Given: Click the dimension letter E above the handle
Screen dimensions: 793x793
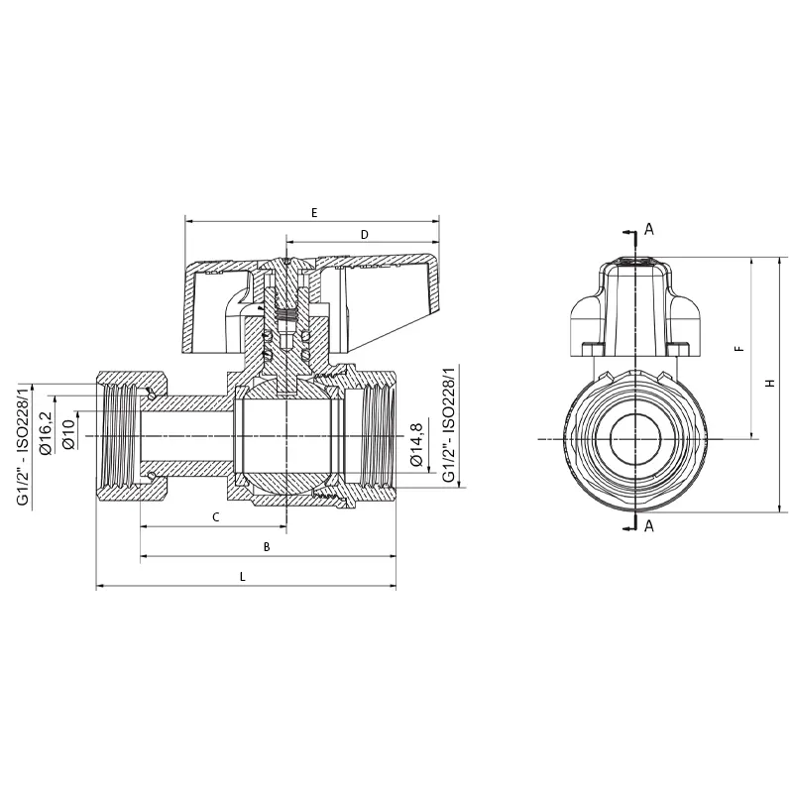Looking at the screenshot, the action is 314,213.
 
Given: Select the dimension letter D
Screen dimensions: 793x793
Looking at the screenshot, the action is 365,235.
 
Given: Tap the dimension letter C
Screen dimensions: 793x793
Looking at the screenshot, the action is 216,517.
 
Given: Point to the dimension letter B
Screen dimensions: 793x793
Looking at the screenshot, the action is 267,547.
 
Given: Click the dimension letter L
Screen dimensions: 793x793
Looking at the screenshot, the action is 243,577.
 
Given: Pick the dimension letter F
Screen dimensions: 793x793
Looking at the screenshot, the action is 739,349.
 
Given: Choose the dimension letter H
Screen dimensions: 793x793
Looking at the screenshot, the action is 770,384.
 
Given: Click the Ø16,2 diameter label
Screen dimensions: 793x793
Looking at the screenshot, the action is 45,433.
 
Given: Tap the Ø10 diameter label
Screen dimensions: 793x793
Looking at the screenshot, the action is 68,434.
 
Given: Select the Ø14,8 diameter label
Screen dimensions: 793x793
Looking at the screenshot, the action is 415,444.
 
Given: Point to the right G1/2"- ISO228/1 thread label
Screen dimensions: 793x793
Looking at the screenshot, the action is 449,424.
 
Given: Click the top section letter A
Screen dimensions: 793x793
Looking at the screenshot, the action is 649,230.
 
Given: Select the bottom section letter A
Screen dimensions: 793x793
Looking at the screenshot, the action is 649,526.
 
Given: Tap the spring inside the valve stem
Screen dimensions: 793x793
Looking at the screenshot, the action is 286,315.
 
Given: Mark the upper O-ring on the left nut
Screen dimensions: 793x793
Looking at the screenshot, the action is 151,394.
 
